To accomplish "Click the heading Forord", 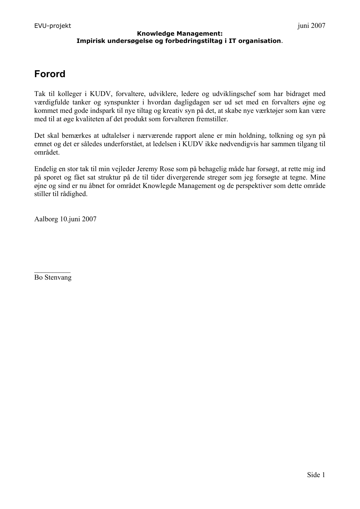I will (50, 74).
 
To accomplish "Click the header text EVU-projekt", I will (53, 26).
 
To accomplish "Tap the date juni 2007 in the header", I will (311, 26).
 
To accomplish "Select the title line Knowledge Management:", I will (180, 34).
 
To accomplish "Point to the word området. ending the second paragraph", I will (47, 153).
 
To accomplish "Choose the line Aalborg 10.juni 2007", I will (65, 219).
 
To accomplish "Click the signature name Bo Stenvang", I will (53, 278).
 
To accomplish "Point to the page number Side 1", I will (316, 475).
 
